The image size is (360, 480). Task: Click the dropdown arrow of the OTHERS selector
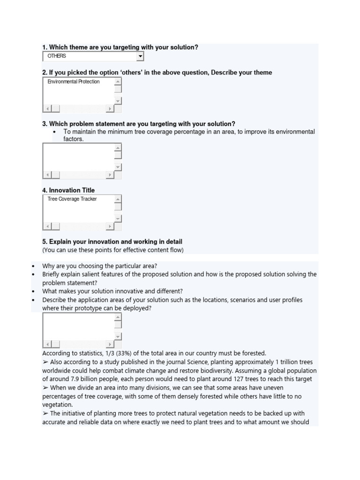click(140, 56)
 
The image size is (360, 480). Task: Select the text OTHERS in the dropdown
click(57, 56)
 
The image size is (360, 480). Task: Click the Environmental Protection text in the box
click(74, 82)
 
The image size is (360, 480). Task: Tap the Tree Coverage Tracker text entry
click(72, 199)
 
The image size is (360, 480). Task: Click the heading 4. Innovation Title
click(68, 190)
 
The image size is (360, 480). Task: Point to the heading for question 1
click(120, 47)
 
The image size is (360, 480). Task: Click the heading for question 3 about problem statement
click(139, 124)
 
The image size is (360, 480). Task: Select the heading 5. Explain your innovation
click(112, 241)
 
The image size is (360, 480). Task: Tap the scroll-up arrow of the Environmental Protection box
click(118, 82)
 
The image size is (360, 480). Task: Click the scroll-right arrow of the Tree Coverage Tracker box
click(110, 226)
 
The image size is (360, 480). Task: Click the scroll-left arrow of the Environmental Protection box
click(47, 109)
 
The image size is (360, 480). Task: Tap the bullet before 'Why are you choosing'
click(33, 266)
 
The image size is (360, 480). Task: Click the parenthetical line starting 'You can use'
click(113, 250)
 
